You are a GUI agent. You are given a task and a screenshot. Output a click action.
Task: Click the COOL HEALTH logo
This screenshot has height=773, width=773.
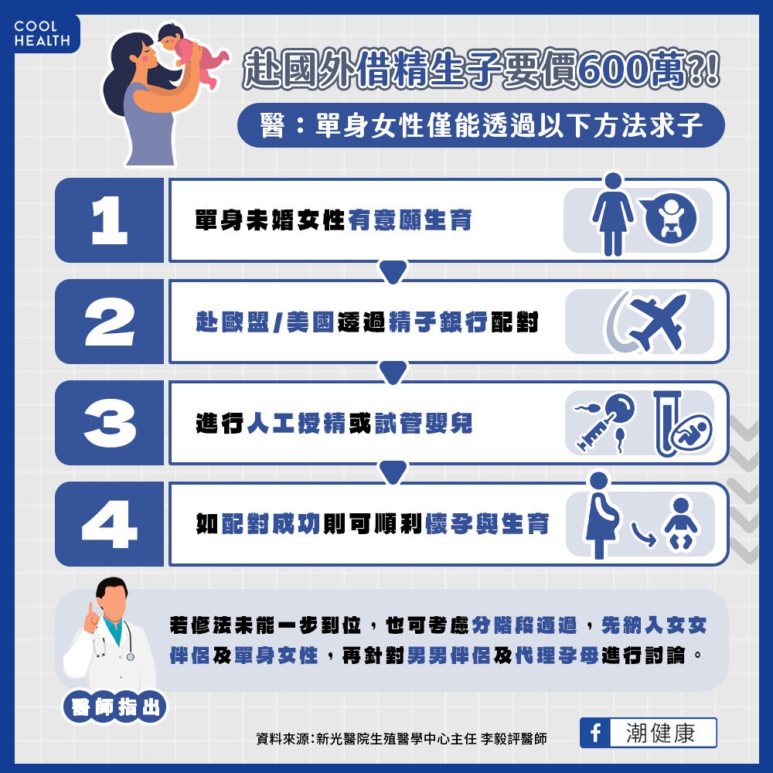coord(42,33)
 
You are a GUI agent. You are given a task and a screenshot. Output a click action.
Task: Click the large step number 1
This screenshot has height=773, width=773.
coord(109,220)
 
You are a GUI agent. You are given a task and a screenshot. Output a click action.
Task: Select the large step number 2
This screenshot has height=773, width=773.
coord(109,322)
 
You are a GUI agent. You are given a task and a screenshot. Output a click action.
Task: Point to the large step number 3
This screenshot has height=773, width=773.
coord(109,423)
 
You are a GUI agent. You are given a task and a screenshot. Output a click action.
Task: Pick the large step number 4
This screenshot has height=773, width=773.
coord(109,524)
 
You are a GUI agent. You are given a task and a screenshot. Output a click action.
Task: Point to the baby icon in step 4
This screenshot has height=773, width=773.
coord(680,525)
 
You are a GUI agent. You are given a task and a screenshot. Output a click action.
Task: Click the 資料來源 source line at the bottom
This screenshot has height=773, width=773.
coord(401,739)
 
